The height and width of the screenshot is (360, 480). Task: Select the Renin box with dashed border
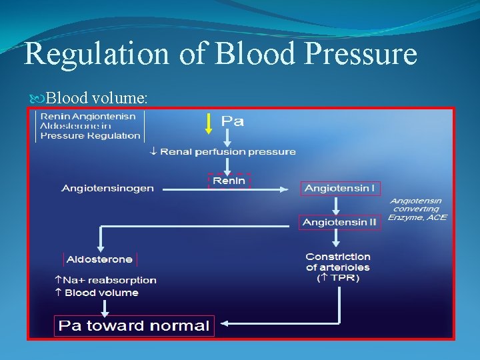(x=229, y=181)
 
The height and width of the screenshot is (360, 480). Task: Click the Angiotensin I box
(x=340, y=189)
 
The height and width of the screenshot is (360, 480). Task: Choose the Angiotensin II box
(x=340, y=222)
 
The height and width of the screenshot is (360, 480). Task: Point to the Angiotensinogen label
(x=107, y=189)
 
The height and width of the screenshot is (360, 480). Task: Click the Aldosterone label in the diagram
(x=99, y=259)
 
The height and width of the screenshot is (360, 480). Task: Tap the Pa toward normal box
(x=134, y=326)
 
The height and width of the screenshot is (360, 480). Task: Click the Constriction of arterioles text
(x=337, y=262)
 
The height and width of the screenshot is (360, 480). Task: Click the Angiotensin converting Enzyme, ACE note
(x=418, y=209)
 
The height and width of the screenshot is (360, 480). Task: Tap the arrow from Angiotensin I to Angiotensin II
(x=340, y=205)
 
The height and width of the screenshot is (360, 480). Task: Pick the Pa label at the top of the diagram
(x=232, y=121)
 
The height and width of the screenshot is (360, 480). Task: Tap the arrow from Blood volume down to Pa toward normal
(x=105, y=307)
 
